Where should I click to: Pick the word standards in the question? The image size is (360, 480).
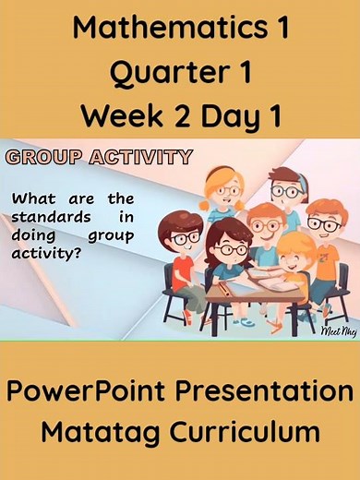coord(48,216)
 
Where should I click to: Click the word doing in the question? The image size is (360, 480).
coord(33,234)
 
